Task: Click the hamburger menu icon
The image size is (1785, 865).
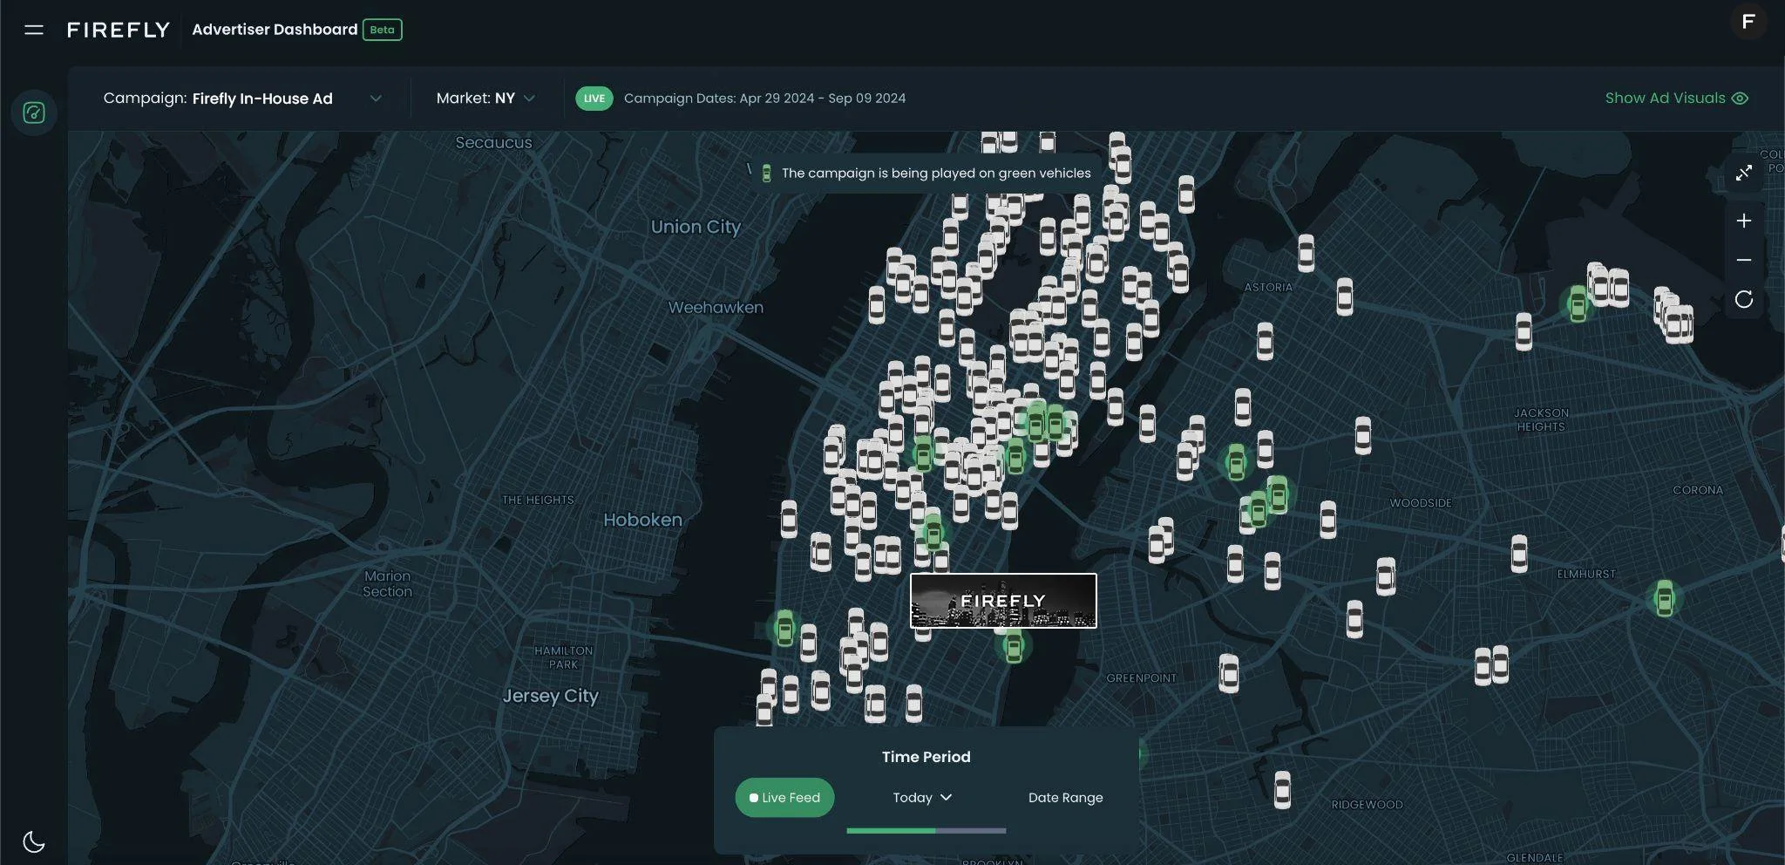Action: [34, 30]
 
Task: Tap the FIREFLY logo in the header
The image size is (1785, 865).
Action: [119, 30]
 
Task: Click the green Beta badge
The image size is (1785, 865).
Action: [382, 30]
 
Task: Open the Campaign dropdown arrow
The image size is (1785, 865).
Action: [376, 99]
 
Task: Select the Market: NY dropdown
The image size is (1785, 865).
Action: [485, 99]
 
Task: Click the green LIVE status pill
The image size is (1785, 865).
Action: [594, 99]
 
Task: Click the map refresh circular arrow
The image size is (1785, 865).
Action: [1743, 300]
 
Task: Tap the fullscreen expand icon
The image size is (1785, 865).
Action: [1743, 174]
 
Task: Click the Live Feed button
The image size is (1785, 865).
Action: [784, 797]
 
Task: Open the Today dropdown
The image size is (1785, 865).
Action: [922, 797]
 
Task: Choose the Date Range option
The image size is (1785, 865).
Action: [1065, 797]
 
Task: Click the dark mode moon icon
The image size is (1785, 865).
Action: [34, 841]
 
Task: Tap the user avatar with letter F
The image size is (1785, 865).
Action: [1748, 22]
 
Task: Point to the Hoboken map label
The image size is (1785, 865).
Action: [642, 520]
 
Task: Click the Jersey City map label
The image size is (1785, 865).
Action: [550, 696]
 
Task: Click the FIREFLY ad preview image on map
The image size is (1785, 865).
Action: [1003, 601]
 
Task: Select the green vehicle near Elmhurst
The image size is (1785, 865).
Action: [1664, 599]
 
